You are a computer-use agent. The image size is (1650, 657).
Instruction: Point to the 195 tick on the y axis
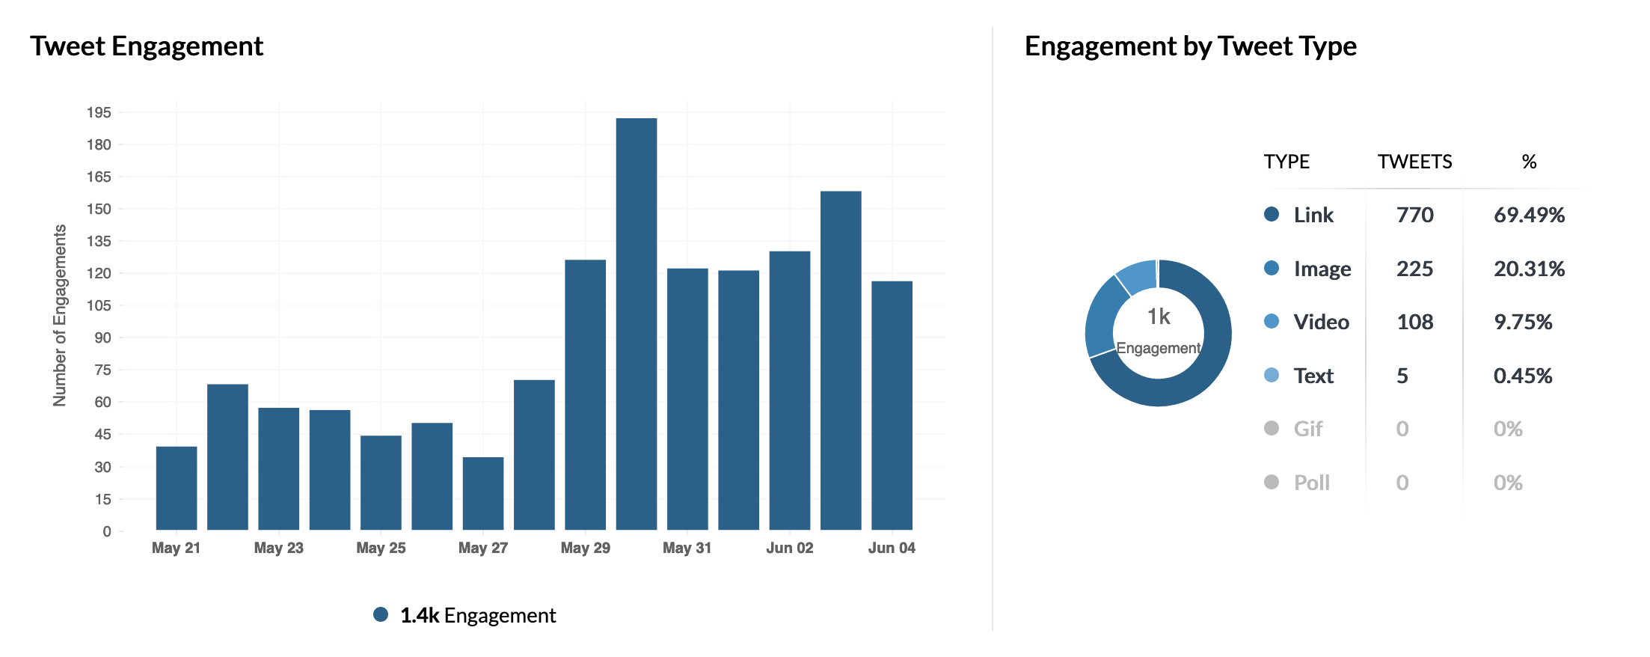99,112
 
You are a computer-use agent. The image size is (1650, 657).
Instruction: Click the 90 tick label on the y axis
102,337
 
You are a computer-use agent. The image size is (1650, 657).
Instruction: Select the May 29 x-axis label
585,548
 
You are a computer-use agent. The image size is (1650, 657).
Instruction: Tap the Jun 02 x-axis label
789,548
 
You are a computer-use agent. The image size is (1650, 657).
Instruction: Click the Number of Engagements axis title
60,315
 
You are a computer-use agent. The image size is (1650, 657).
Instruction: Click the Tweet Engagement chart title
147,46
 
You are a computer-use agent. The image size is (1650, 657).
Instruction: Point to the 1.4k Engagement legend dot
381,614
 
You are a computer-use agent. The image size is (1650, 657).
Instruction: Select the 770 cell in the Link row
1414,215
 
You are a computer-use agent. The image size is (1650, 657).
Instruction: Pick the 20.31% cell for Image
1529,269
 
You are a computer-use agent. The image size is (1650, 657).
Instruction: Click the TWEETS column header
1414,162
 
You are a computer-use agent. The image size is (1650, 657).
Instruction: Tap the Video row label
1321,322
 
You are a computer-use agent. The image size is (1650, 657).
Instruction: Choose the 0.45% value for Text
1522,376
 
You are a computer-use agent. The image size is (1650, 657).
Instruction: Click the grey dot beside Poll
1272,482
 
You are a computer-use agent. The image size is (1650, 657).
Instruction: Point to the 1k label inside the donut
1159,317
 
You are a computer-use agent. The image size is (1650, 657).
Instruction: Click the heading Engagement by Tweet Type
1190,46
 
